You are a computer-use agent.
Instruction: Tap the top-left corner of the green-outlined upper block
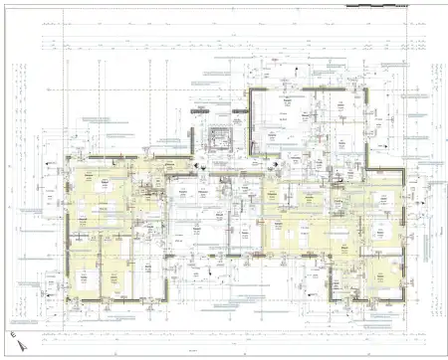click(248, 90)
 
